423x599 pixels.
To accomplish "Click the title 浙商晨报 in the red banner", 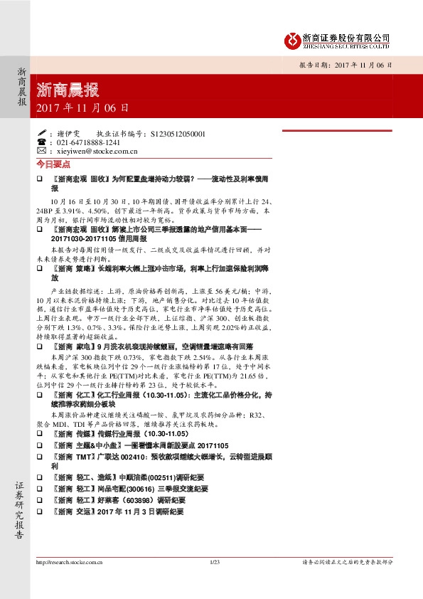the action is (x=68, y=90).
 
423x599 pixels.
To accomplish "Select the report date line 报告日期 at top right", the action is (x=345, y=65).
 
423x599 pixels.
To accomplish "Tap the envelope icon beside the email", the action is (x=42, y=151).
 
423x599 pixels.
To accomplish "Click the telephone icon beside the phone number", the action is (x=42, y=142).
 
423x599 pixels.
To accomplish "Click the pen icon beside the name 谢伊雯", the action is (x=42, y=133).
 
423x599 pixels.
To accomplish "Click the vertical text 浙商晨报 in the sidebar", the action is (x=22, y=87).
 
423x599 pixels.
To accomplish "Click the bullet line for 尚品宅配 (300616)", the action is (x=132, y=489).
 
